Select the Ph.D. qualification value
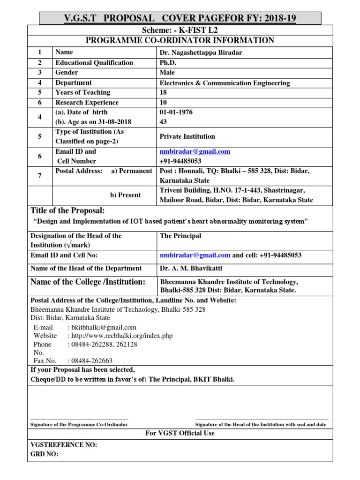(167, 63)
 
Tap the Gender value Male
(167, 73)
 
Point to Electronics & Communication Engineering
(225, 83)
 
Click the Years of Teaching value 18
(164, 92)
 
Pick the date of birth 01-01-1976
(176, 112)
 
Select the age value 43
(164, 122)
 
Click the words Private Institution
(187, 136)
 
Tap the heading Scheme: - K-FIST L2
(180, 30)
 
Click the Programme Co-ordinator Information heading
(180, 40)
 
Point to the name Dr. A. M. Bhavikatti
(191, 269)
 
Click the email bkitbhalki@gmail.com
(102, 328)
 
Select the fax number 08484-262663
(90, 361)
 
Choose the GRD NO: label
(45, 454)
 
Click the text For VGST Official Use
(180, 434)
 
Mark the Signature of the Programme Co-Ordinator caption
(79, 424)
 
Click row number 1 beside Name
(40, 52)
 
